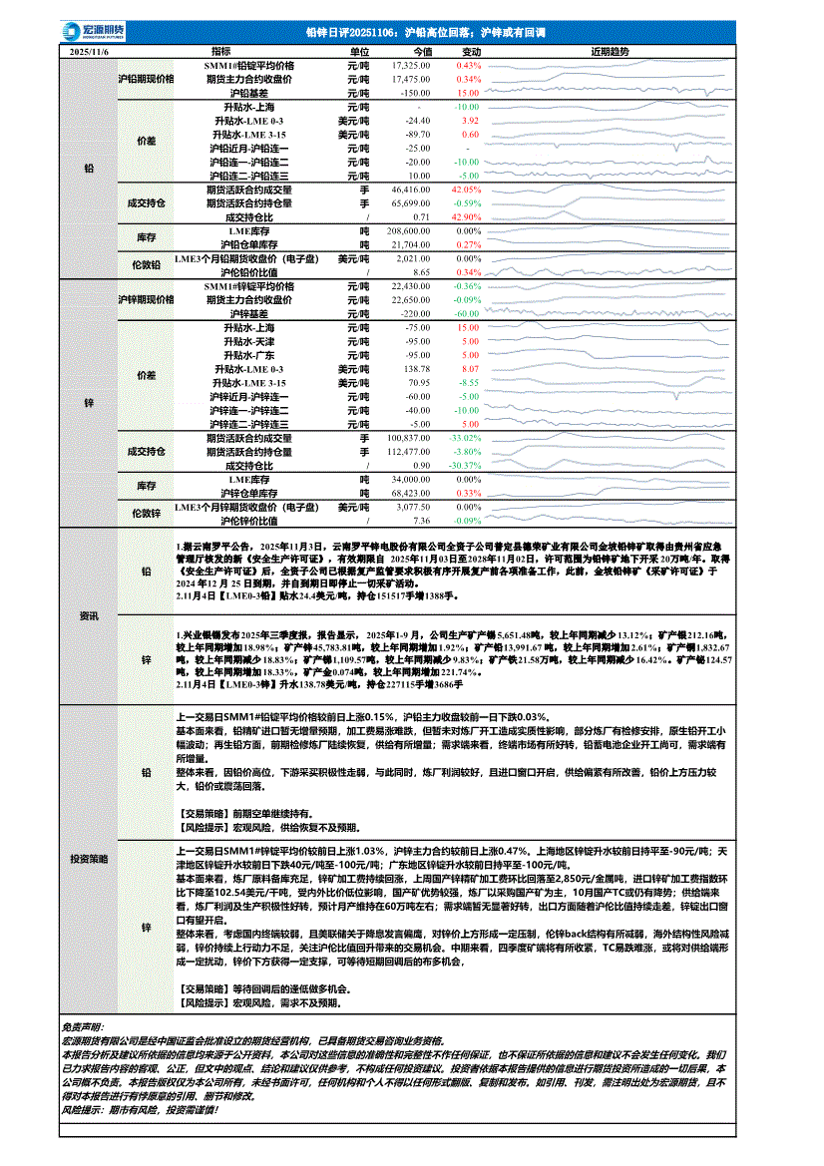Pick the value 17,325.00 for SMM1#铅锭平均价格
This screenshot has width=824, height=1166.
click(x=410, y=65)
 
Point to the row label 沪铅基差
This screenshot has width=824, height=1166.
click(x=248, y=92)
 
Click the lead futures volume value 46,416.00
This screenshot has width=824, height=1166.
click(x=410, y=189)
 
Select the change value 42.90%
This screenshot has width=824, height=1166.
click(x=467, y=216)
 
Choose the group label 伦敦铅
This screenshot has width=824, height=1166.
click(x=146, y=265)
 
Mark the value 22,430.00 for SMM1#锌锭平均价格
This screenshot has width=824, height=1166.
click(x=410, y=285)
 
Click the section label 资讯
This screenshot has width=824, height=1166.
click(x=89, y=616)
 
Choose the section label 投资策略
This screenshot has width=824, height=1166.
click(x=89, y=857)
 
